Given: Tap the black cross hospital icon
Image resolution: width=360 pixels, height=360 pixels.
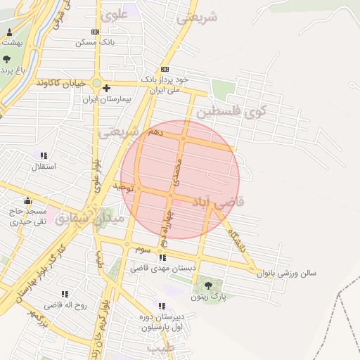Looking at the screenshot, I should (106, 89).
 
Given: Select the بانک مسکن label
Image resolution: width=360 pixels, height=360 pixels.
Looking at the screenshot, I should (96, 43).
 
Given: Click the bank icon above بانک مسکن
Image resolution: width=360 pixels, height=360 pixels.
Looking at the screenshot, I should (96, 32).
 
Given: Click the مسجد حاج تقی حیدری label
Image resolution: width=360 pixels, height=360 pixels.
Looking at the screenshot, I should (28, 216).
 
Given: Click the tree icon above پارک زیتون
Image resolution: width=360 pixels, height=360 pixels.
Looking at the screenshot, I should (208, 285).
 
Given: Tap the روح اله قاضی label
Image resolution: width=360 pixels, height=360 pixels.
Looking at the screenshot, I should (65, 305).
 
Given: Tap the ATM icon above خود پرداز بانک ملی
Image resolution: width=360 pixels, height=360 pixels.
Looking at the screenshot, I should (165, 69).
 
